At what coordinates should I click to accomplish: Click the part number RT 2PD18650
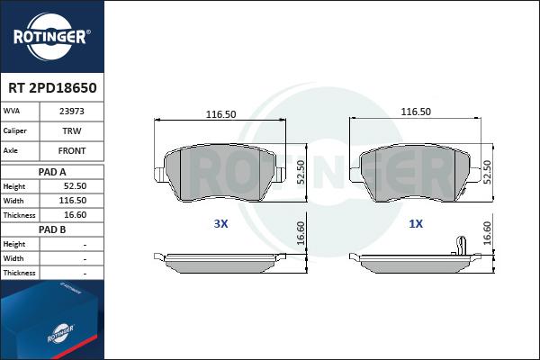[52, 88]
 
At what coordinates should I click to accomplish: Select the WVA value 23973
[72, 112]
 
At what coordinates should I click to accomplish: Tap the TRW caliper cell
[72, 130]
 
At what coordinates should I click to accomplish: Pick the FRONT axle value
[72, 151]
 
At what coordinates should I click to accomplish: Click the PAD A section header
[52, 172]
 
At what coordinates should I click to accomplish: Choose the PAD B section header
[52, 229]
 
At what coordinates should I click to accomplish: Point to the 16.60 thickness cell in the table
[75, 215]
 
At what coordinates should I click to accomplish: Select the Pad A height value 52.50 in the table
[75, 186]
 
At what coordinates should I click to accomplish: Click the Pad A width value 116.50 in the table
[73, 201]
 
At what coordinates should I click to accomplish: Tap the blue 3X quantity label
[220, 224]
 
